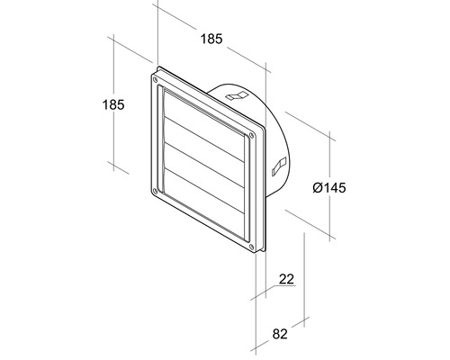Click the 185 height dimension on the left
coord(112,104)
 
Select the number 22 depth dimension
coord(286,280)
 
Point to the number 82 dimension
coord(281,334)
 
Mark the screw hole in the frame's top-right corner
coord(250,134)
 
